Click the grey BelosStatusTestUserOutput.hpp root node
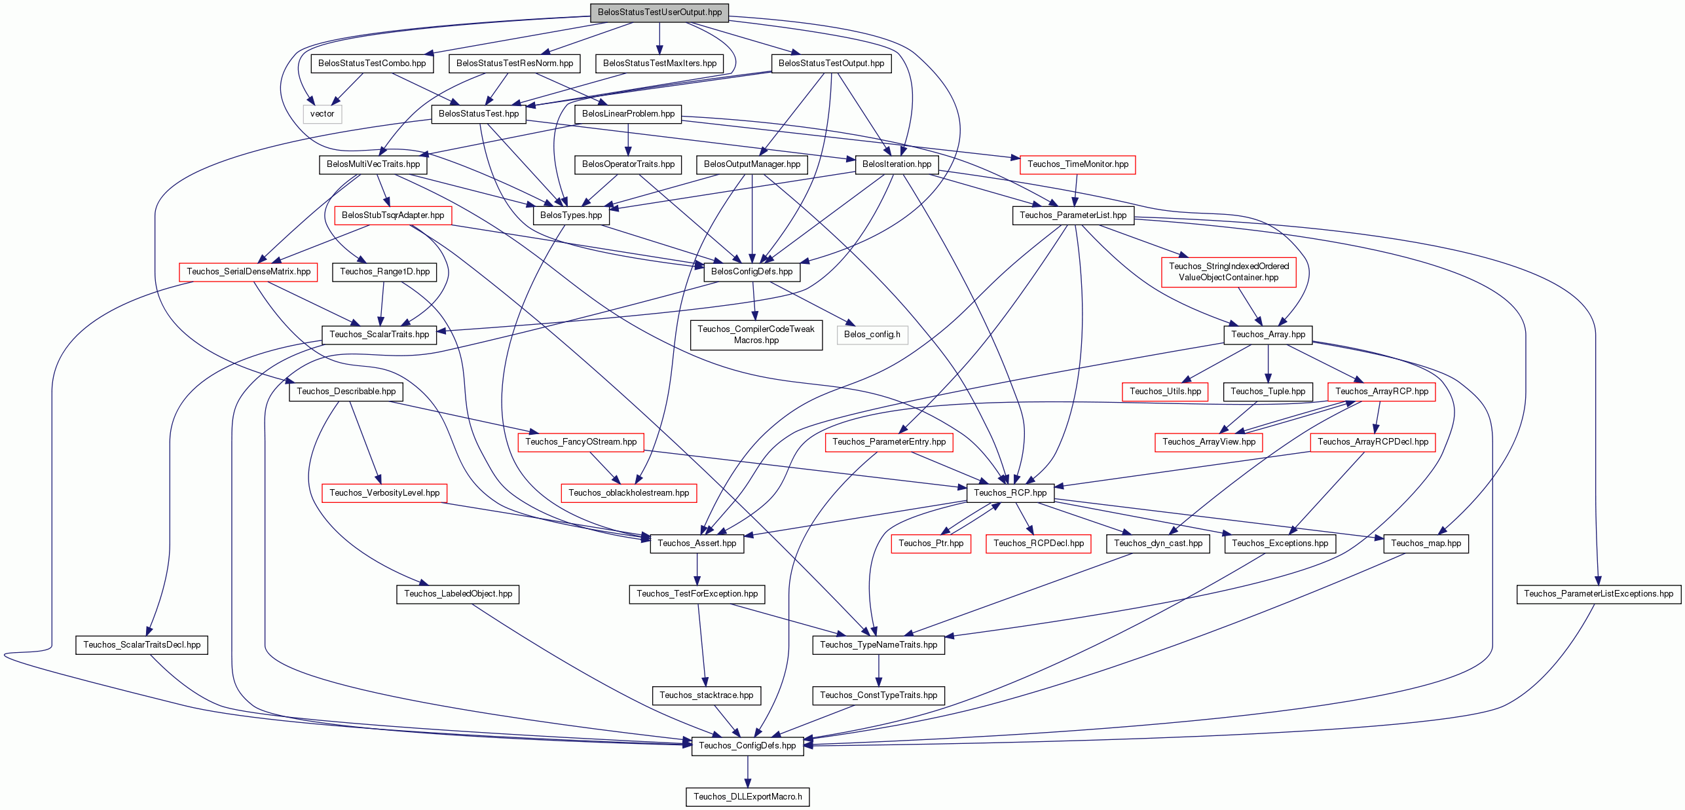pyautogui.click(x=659, y=12)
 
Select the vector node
pyautogui.click(x=322, y=114)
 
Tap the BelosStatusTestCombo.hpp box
pyautogui.click(x=372, y=64)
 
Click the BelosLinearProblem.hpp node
pyautogui.click(x=628, y=114)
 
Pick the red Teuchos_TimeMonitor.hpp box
pyautogui.click(x=1078, y=164)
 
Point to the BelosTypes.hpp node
pyautogui.click(x=571, y=215)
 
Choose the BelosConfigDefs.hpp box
pyautogui.click(x=752, y=272)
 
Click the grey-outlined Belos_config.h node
pyautogui.click(x=872, y=335)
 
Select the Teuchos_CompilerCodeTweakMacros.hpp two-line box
pyautogui.click(x=756, y=335)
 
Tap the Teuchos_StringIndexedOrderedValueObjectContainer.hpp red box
pyautogui.click(x=1229, y=272)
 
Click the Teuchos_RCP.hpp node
pyautogui.click(x=1010, y=492)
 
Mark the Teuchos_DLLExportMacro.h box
pyautogui.click(x=748, y=796)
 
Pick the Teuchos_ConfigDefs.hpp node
pyautogui.click(x=748, y=746)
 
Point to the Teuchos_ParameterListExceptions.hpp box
pyautogui.click(x=1599, y=594)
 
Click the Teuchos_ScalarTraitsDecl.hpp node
pyautogui.click(x=142, y=644)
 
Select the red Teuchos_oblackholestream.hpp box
pyautogui.click(x=629, y=492)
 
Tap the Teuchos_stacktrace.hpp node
pyautogui.click(x=707, y=695)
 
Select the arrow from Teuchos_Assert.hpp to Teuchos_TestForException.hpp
pyautogui.click(x=697, y=569)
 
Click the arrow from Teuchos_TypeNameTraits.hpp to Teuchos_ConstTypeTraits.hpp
pyautogui.click(x=879, y=670)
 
